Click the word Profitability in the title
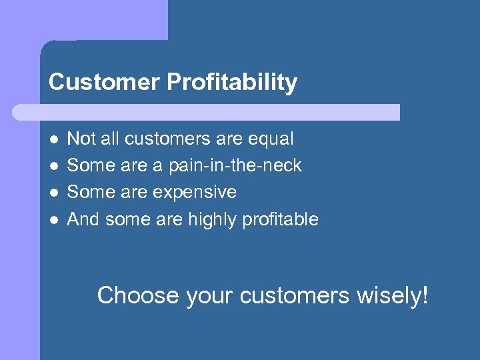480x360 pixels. (x=232, y=83)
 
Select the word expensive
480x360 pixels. (x=195, y=193)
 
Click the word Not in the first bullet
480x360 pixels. (x=81, y=139)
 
